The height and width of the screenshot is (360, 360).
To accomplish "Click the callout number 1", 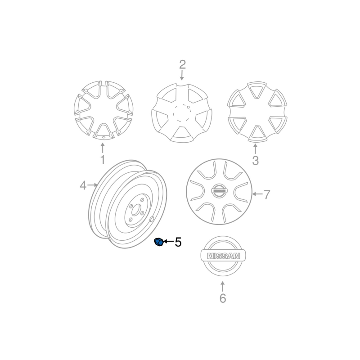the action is tap(103, 160).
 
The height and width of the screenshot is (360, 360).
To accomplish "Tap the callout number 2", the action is tap(182, 64).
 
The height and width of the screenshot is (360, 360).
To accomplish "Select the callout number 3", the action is tap(255, 161).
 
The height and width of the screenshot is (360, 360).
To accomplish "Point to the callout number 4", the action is tap(83, 185).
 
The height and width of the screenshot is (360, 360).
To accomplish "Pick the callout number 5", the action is tap(178, 242).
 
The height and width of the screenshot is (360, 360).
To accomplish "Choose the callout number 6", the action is tap(223, 298).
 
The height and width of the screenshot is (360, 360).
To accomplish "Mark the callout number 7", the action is tap(266, 194).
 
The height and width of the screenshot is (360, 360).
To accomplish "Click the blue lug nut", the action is tap(159, 242).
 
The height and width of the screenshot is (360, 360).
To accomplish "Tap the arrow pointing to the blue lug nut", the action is tap(168, 241).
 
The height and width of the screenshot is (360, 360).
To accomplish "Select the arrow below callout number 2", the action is tap(182, 75).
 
